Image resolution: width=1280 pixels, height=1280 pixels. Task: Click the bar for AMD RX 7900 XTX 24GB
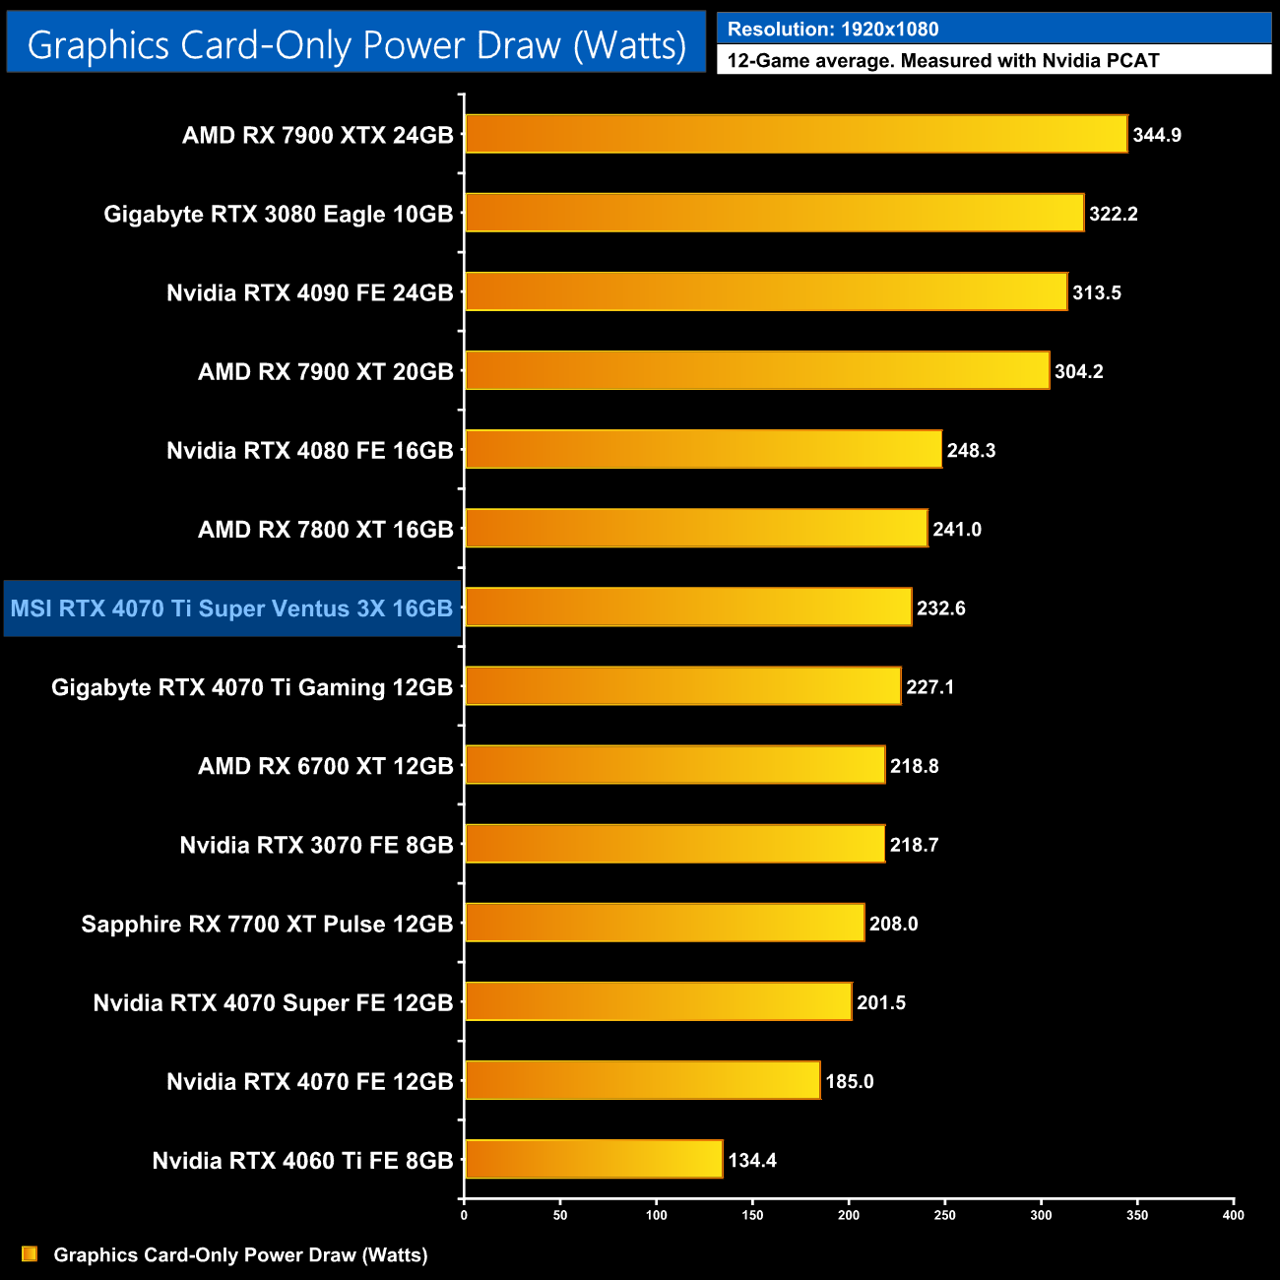796,134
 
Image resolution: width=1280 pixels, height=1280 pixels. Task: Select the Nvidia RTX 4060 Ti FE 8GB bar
594,1159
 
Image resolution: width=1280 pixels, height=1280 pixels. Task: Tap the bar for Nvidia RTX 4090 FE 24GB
766,291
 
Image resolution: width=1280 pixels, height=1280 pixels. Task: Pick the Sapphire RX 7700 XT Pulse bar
665,923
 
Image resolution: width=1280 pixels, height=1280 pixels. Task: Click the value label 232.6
941,608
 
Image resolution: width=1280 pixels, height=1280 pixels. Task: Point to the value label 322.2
1114,214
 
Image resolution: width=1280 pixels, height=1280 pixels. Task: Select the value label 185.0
850,1081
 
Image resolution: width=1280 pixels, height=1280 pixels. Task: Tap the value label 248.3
971,451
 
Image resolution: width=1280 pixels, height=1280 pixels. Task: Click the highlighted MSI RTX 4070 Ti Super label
231,608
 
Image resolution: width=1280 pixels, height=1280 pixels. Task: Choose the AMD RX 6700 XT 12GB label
326,766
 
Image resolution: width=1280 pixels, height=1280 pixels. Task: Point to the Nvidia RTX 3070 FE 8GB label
316,845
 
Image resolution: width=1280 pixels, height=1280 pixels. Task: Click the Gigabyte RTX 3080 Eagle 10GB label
279,214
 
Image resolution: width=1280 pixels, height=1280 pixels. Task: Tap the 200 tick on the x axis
849,1215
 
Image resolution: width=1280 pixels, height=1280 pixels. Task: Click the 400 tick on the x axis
1233,1215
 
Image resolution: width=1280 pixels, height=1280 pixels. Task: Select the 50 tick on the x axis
560,1215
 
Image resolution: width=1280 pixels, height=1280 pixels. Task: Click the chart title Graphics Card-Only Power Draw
356,45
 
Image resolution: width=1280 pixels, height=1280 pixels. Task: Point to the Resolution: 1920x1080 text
833,30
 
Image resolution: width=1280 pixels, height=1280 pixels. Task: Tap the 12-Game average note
943,61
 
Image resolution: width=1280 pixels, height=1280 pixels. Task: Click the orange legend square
30,1253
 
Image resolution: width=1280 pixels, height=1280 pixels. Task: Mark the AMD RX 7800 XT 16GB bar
696,529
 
